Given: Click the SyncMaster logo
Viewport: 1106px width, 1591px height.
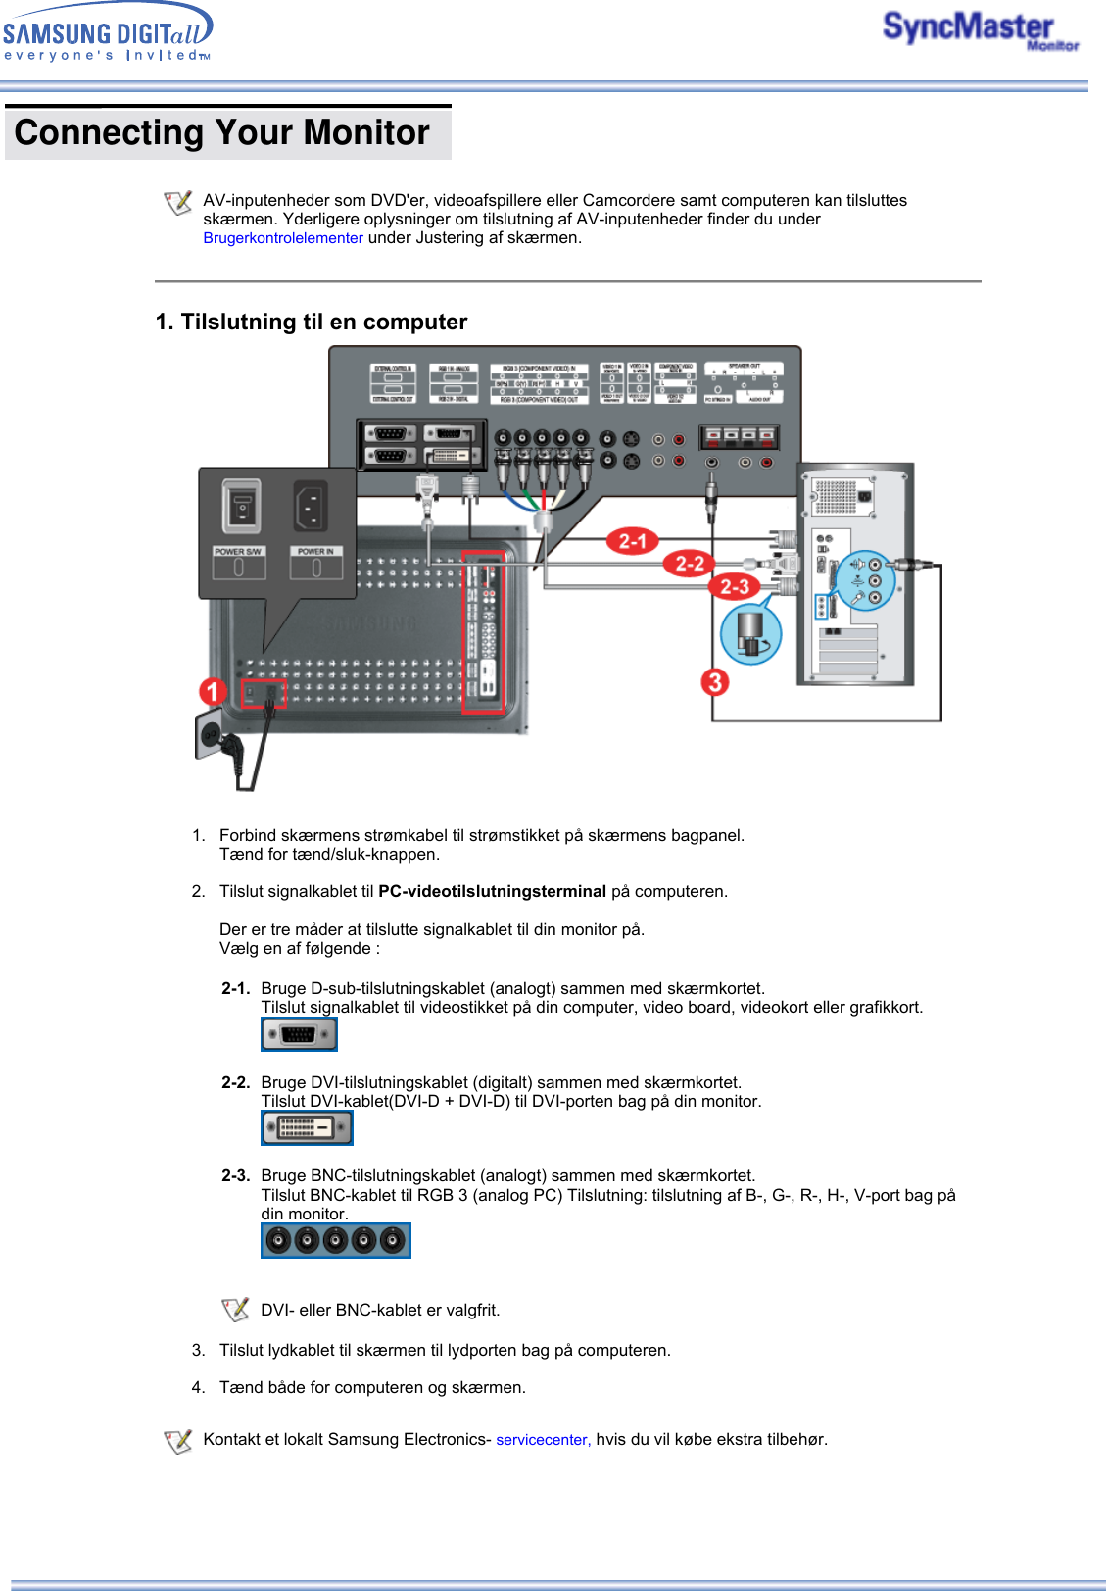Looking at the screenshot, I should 979,30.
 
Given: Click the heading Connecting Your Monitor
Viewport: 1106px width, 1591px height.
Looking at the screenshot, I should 222,132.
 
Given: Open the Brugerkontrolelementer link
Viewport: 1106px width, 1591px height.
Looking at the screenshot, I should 283,238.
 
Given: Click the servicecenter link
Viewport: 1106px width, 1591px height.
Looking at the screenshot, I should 542,1440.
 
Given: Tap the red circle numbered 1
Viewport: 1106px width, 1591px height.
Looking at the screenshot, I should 212,691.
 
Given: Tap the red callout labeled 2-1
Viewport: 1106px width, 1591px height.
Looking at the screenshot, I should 632,540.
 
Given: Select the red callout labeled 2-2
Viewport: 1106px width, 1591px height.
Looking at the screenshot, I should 689,563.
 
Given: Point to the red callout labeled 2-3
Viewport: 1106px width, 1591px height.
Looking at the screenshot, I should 734,586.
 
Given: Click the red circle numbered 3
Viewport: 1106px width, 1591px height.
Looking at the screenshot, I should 715,681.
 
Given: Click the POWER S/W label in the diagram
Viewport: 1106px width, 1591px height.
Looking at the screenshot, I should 238,552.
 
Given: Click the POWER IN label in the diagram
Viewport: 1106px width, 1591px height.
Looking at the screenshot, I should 315,552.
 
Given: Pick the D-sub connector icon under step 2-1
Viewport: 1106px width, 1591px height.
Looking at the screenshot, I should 299,1034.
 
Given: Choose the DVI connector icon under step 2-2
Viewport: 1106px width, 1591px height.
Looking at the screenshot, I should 307,1127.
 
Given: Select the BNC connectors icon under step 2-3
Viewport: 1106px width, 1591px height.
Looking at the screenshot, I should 335,1241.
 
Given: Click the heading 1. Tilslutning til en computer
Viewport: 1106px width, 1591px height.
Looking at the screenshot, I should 312,322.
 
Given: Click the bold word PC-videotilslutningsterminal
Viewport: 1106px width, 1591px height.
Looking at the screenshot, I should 492,892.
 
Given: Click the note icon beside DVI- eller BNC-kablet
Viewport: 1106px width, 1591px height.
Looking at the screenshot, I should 235,1310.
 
